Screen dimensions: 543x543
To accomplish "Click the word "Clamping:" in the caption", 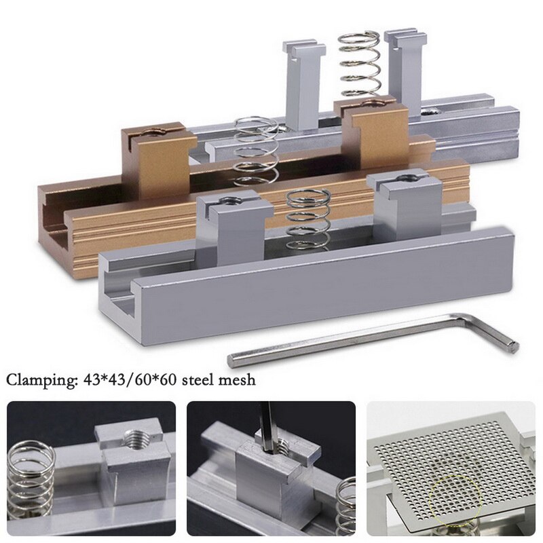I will click(x=38, y=380).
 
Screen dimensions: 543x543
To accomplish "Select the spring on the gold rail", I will click(x=256, y=151).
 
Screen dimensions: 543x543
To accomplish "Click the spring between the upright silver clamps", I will click(x=359, y=64).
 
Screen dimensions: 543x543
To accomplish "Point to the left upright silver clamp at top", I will click(x=303, y=81).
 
